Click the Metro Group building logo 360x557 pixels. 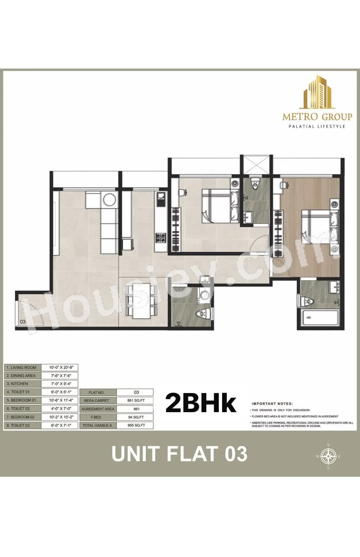coord(317,92)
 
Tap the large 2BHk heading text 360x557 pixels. coord(201,403)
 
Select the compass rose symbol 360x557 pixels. coord(328,456)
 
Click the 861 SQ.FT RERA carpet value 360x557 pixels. coord(136,400)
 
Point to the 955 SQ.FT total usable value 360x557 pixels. coord(136,425)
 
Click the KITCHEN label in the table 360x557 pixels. coord(19,384)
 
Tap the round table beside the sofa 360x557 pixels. coord(109,200)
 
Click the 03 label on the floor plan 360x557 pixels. coord(23,322)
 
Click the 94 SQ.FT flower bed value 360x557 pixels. coord(136,417)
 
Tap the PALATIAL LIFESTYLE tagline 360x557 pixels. coord(317,126)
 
